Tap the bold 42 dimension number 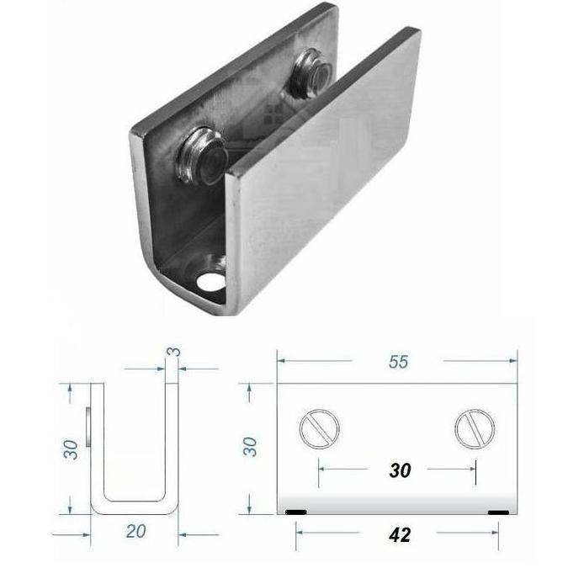point(400,534)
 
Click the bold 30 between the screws point(400,470)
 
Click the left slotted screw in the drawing point(320,430)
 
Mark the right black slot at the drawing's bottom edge point(498,512)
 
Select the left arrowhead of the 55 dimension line point(282,361)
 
